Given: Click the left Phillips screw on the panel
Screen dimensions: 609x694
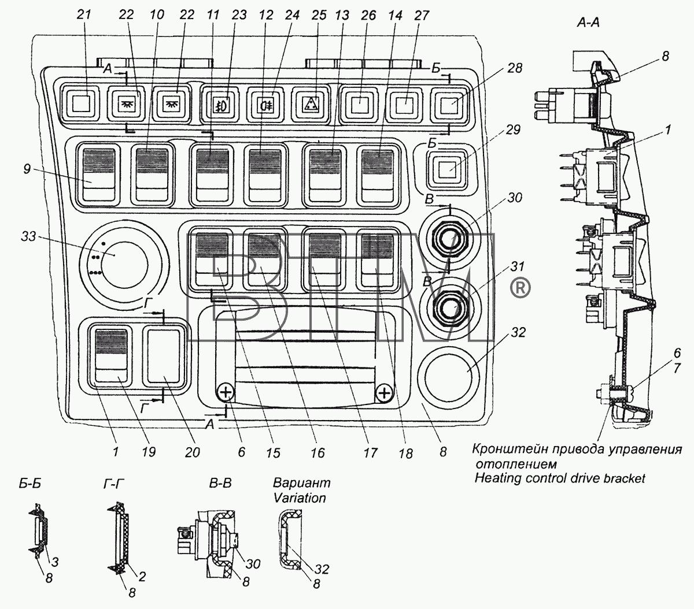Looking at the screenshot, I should [225, 393].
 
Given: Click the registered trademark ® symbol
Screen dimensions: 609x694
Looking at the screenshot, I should [520, 287].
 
